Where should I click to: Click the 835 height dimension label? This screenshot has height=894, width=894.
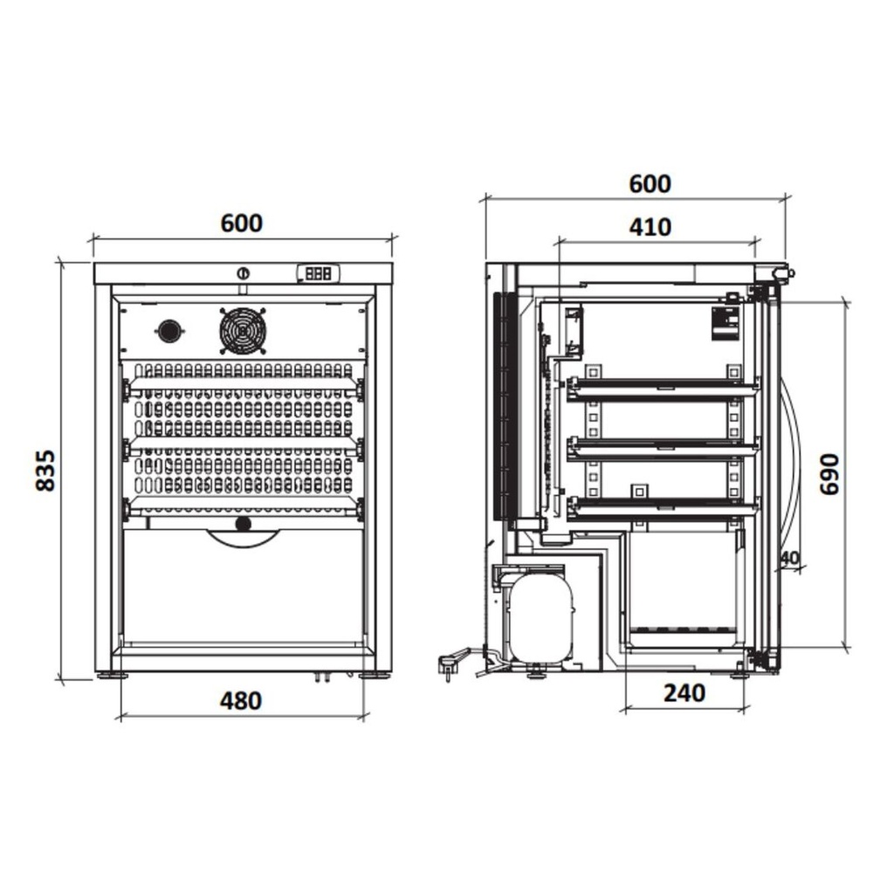(45, 470)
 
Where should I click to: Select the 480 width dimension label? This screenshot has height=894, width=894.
(241, 701)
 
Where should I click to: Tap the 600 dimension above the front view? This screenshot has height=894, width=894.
(242, 223)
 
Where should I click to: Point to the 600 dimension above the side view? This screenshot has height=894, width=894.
(650, 184)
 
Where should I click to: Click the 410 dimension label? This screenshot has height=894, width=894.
(650, 228)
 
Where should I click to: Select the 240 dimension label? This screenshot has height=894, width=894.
(684, 692)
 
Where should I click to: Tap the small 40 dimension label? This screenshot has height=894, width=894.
(790, 558)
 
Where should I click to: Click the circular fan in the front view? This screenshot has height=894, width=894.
(243, 331)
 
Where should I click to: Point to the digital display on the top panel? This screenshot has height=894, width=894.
(318, 273)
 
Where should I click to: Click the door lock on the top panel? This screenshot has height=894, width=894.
(244, 273)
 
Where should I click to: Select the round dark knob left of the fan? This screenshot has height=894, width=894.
(168, 331)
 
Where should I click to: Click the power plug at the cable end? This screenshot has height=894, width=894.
(447, 667)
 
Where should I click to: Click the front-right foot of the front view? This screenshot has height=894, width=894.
(375, 676)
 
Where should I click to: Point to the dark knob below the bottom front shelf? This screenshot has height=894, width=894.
(244, 524)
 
